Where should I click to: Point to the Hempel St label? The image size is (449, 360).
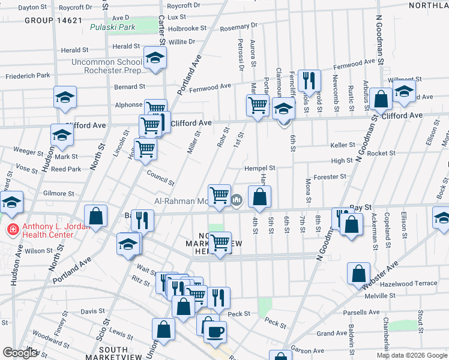point(259,169)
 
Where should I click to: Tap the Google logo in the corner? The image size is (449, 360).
point(19,353)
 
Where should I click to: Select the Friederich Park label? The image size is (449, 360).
point(28,76)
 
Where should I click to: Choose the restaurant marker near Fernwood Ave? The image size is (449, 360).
point(309,80)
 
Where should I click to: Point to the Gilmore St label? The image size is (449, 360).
point(59,194)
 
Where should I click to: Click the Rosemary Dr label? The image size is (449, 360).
point(238,26)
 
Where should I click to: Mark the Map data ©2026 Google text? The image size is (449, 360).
point(411,355)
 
